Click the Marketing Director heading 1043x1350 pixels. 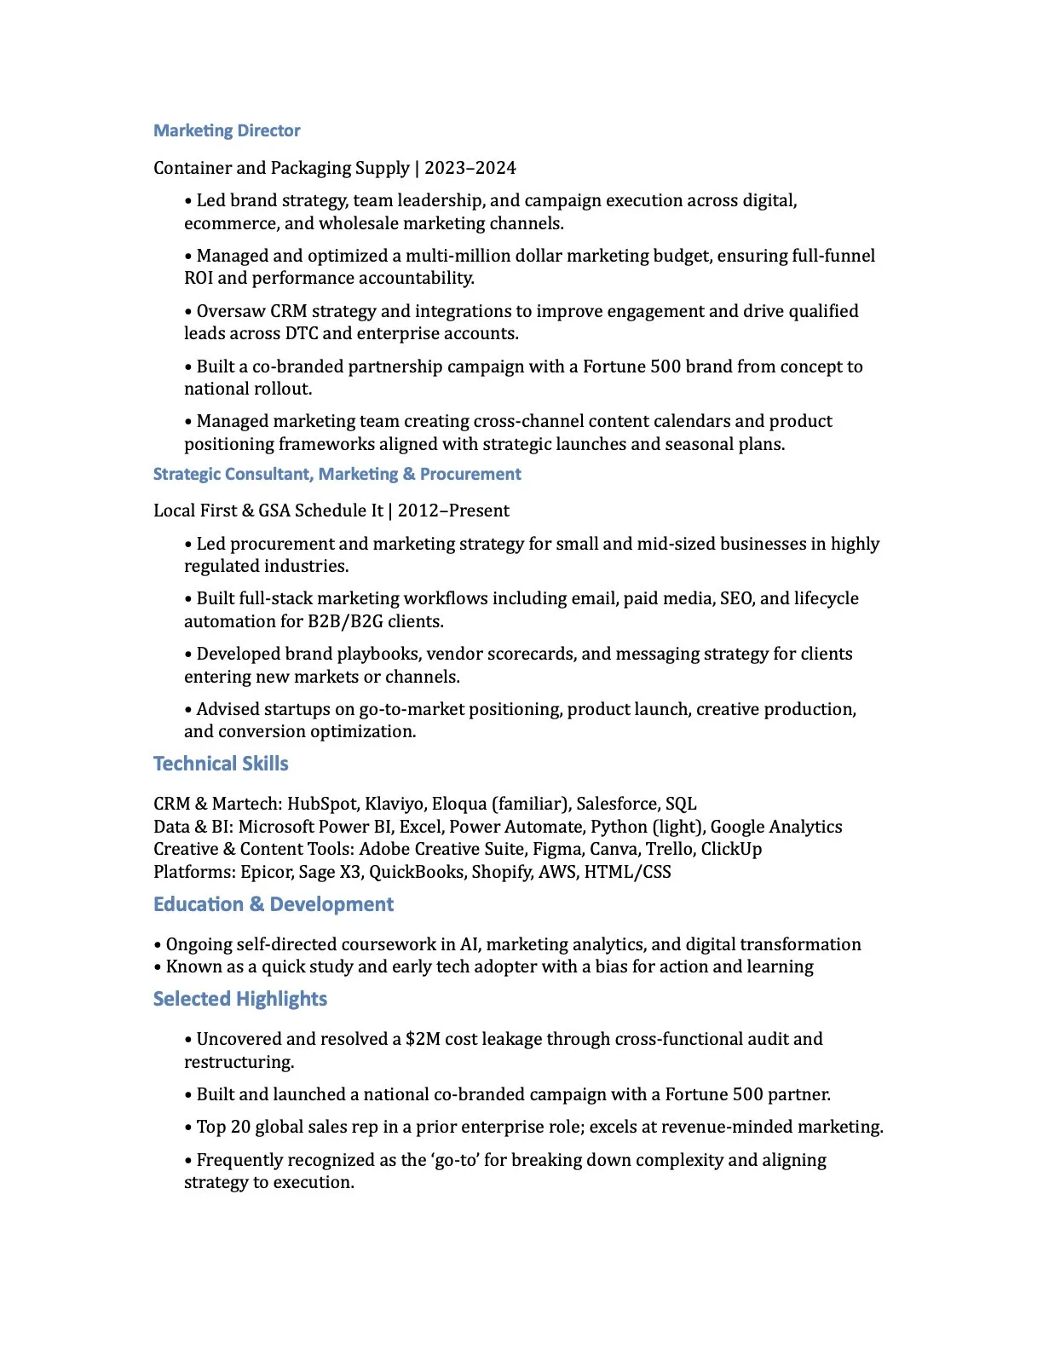pos(227,130)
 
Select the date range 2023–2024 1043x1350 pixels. pos(470,168)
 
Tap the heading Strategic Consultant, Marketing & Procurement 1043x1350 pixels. pos(337,474)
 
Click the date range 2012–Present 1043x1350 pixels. pos(453,511)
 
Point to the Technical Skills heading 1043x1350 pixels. pos(221,764)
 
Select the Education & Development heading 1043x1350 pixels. pos(273,904)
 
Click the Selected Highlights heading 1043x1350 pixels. pos(239,999)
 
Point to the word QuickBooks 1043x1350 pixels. pos(417,872)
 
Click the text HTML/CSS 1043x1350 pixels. pos(627,872)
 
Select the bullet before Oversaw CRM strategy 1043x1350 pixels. pos(188,312)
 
